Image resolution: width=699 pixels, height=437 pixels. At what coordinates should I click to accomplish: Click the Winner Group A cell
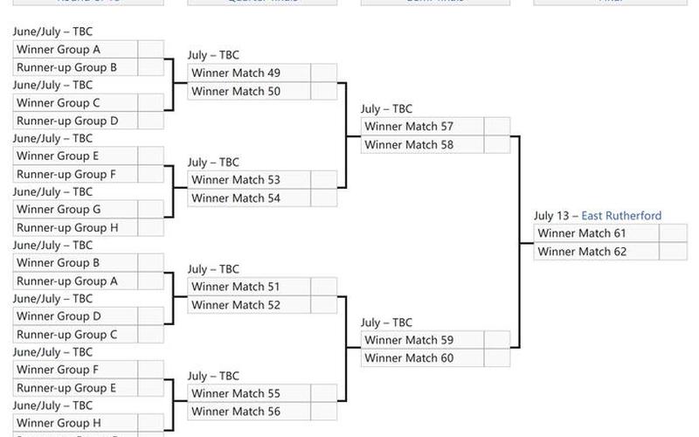click(75, 50)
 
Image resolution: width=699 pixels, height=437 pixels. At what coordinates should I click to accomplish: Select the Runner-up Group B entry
click(75, 67)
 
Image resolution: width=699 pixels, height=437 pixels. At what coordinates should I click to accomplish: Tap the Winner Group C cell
click(75, 103)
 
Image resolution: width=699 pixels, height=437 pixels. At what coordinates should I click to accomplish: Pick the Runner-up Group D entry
click(75, 121)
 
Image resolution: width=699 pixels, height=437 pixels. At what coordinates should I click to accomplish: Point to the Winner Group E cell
click(75, 156)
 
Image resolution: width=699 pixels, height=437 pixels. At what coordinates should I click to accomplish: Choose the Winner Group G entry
click(75, 210)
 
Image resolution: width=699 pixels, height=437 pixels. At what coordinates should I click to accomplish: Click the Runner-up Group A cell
click(75, 281)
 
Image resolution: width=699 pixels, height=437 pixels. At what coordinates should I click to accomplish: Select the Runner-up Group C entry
click(75, 335)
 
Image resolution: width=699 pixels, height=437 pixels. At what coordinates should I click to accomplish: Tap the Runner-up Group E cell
click(75, 388)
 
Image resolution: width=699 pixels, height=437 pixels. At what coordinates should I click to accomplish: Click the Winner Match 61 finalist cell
click(596, 233)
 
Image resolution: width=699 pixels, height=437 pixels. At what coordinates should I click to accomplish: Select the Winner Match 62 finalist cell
click(596, 252)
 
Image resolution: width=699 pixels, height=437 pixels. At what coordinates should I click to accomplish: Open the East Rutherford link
click(621, 216)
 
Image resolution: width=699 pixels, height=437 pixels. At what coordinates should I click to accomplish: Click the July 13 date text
click(552, 216)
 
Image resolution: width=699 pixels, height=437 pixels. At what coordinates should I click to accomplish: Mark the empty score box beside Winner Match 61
click(673, 233)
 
